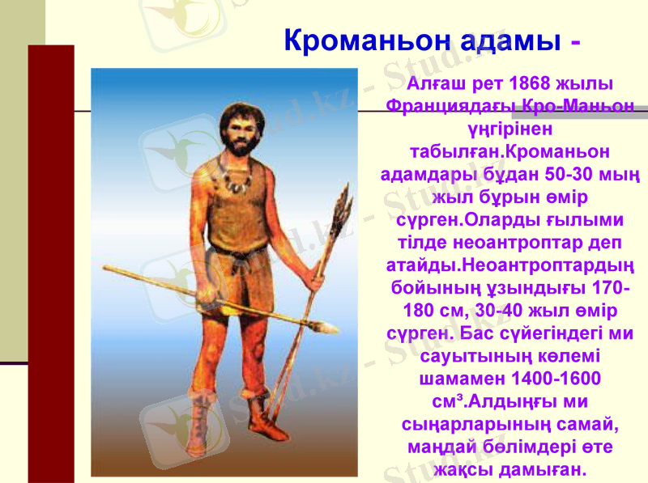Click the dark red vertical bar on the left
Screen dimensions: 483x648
(51, 259)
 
